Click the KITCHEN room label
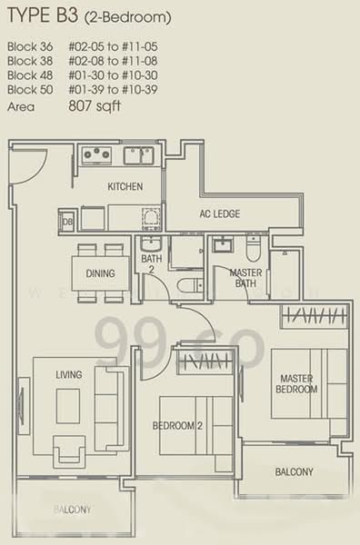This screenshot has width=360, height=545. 125,186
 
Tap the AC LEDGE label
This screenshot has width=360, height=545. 219,213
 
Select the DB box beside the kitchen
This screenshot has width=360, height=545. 67,221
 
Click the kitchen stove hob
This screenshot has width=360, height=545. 96,155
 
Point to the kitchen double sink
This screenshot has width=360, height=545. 139,155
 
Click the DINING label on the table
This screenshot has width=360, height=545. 100,273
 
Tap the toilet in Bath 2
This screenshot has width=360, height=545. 190,286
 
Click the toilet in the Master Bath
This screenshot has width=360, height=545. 253,249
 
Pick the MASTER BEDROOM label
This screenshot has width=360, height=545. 296,383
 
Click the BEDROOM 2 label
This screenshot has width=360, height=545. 177,426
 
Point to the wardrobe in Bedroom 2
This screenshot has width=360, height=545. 205,362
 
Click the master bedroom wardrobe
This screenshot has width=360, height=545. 315,316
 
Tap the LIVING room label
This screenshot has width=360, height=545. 69,374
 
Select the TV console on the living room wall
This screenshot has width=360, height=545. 24,406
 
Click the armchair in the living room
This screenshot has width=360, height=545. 69,451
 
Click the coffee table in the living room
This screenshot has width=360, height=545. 68,406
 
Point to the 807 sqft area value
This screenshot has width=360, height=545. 95,105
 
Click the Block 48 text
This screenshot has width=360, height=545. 30,75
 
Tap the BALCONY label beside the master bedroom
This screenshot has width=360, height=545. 295,471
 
